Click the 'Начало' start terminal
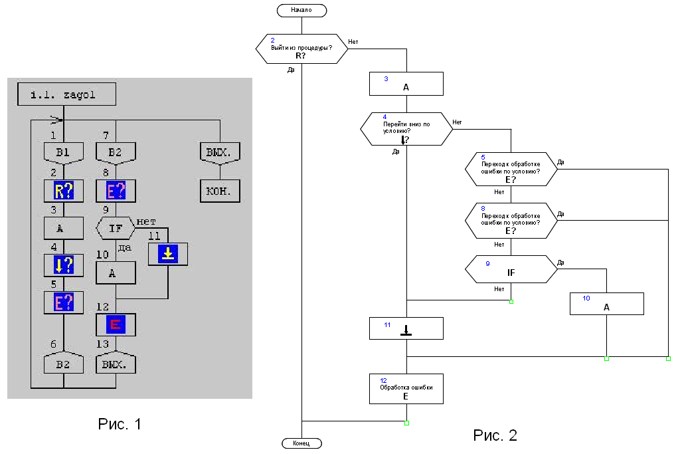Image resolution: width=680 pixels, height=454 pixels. [301, 10]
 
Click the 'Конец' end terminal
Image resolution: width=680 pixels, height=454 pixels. [301, 443]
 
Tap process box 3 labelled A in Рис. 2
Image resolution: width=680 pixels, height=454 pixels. [406, 84]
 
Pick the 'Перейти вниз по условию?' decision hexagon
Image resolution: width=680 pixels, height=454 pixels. [406, 128]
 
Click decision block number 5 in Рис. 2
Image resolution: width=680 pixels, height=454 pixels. [511, 170]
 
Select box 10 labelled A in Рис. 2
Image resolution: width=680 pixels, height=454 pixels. [606, 304]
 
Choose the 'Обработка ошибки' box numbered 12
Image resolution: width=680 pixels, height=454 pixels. [406, 389]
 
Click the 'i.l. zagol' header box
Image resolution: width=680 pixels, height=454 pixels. [64, 94]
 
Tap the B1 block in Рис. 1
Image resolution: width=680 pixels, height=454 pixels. [63, 153]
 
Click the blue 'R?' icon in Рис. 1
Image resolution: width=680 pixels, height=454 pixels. [63, 191]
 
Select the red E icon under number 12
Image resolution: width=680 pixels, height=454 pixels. [116, 324]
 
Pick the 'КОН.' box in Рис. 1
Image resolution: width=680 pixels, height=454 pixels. [220, 191]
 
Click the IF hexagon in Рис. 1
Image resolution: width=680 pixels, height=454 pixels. [116, 229]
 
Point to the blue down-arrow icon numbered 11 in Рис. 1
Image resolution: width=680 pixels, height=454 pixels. [167, 254]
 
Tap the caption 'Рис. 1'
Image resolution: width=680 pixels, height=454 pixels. [120, 424]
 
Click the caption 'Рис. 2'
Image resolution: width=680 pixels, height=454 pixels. [495, 435]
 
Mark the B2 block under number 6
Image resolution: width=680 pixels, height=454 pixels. [63, 364]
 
